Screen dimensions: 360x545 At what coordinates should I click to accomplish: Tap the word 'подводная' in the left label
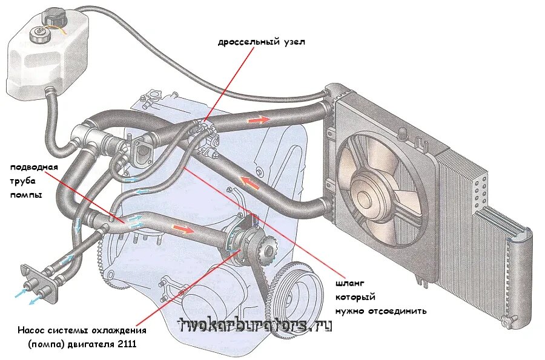pos(33,167)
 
